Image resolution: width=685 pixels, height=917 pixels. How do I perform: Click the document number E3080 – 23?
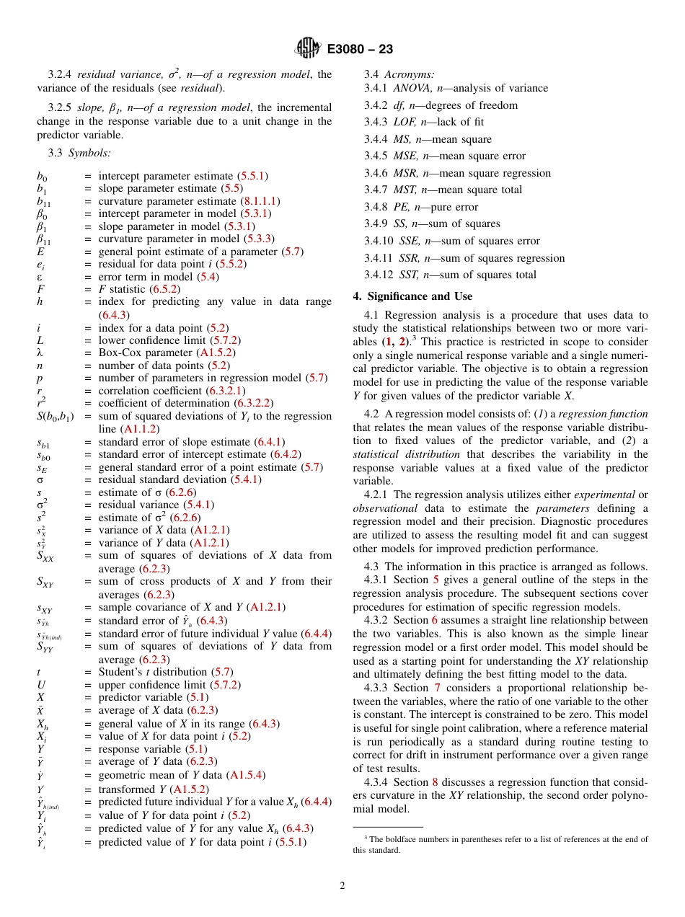[x=360, y=50]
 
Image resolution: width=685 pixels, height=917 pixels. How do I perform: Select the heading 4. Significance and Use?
[x=412, y=296]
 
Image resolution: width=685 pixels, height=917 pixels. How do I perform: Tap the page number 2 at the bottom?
[x=342, y=886]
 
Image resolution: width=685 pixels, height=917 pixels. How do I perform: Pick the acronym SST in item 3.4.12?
[x=409, y=275]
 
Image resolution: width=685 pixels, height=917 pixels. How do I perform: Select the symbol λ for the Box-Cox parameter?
[x=40, y=353]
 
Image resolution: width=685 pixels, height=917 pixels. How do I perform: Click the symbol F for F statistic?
[x=40, y=289]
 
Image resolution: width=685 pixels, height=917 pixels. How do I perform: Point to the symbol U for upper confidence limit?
[x=41, y=685]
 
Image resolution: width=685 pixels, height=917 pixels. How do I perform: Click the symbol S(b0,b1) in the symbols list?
[x=55, y=416]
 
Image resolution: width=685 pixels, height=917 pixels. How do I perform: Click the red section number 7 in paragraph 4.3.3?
[x=437, y=688]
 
